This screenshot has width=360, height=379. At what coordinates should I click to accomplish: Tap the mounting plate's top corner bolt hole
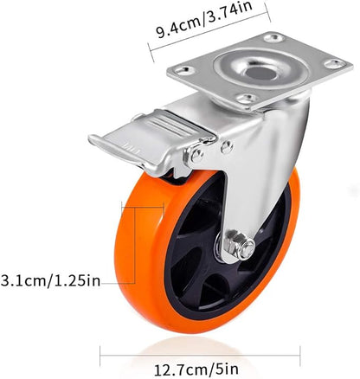tap(274, 37)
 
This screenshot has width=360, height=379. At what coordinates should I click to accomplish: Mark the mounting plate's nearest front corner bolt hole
tap(245, 100)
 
